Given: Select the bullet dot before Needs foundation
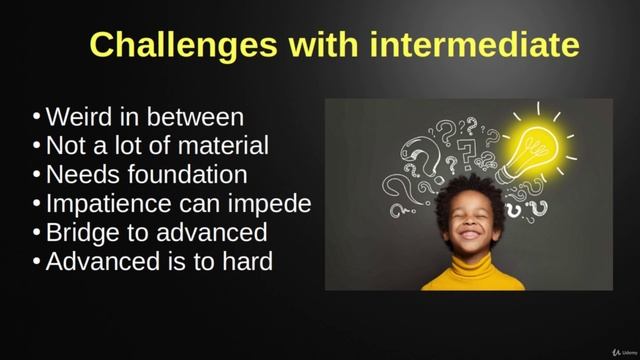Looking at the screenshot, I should (x=37, y=176).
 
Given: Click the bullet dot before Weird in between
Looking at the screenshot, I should (x=37, y=118).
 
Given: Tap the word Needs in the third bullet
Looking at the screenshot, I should (x=81, y=175).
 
